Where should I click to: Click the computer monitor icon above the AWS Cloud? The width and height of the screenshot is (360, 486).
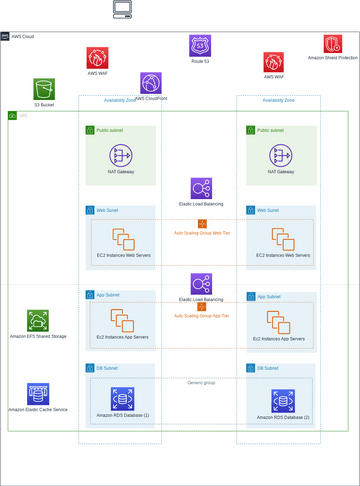coord(122,10)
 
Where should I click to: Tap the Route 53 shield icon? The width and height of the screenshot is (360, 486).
coord(200,46)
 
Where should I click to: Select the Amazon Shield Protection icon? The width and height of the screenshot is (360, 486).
coord(332,44)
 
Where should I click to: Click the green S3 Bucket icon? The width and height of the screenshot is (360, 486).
coord(44,89)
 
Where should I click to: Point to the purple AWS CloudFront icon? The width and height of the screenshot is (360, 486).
coord(151,83)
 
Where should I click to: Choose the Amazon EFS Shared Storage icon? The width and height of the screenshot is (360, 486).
coord(38,321)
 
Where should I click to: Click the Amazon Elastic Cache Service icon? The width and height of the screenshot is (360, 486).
coord(38,393)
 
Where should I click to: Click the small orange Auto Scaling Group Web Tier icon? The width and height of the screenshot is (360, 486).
coord(202,224)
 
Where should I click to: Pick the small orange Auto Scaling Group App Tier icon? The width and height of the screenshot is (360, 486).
coord(202,307)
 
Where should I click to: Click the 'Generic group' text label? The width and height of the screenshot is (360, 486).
coord(202,382)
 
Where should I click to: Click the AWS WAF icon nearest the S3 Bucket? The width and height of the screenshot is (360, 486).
coord(97,58)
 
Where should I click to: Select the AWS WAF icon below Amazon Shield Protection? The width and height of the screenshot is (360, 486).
coord(274,62)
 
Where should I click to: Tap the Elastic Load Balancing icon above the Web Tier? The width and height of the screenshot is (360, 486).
coord(201,189)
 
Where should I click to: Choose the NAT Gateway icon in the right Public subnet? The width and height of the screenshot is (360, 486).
coord(282,156)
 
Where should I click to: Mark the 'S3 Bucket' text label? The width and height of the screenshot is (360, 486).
coord(44,105)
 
